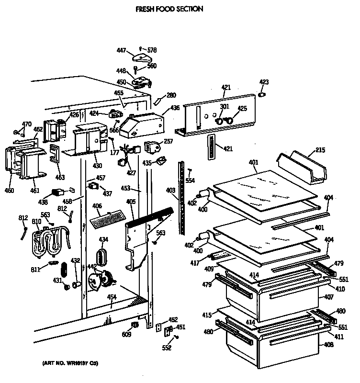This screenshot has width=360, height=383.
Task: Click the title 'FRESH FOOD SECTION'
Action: (163, 9)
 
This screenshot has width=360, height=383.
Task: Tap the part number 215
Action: (320, 151)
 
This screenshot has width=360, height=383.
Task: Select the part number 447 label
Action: (121, 50)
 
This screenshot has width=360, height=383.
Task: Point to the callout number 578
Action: (152, 50)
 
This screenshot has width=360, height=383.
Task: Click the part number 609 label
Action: (126, 334)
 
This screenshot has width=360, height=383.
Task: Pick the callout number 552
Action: (166, 348)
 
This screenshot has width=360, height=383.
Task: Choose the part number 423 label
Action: (264, 82)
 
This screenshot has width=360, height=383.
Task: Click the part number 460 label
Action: (10, 191)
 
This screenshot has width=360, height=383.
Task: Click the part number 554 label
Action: (190, 180)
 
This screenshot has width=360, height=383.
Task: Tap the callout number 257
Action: (168, 141)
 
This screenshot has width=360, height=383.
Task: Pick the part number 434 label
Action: (103, 239)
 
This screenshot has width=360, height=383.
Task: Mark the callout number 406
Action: (97, 206)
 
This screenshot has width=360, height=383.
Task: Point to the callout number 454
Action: (112, 297)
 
